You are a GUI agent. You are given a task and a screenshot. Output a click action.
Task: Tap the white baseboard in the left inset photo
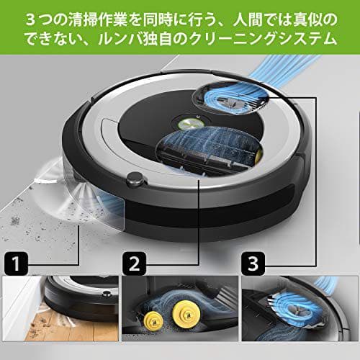[18, 302]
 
